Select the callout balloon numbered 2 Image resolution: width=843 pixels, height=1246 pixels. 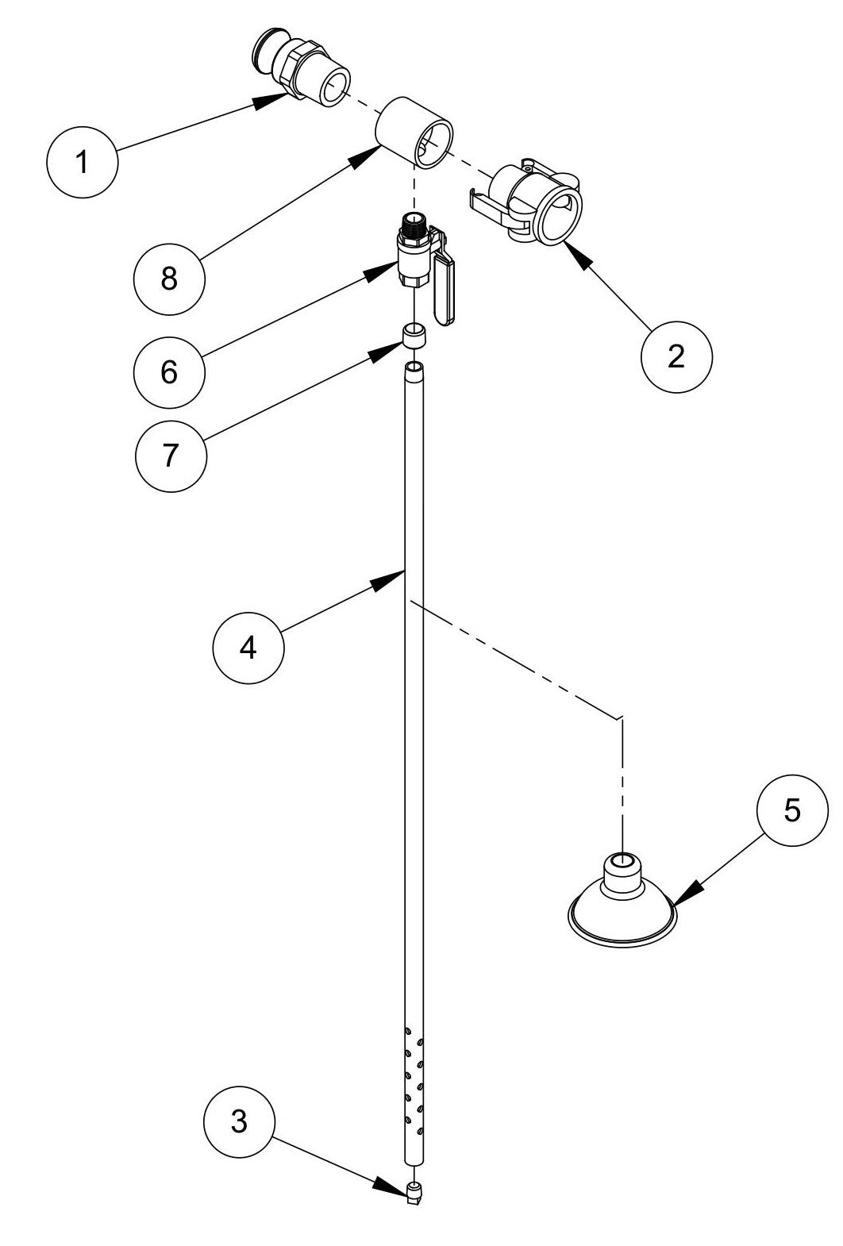(x=676, y=356)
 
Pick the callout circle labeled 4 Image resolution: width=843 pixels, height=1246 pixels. (x=248, y=648)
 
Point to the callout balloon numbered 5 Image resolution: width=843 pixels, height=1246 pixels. (x=792, y=810)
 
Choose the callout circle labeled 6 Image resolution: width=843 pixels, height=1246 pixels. (x=169, y=371)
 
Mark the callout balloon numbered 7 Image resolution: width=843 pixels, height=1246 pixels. (x=171, y=456)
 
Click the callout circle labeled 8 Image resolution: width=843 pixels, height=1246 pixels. (x=169, y=279)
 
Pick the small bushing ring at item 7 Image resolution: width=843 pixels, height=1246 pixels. (x=414, y=335)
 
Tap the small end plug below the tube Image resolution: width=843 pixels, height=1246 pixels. (x=413, y=1192)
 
